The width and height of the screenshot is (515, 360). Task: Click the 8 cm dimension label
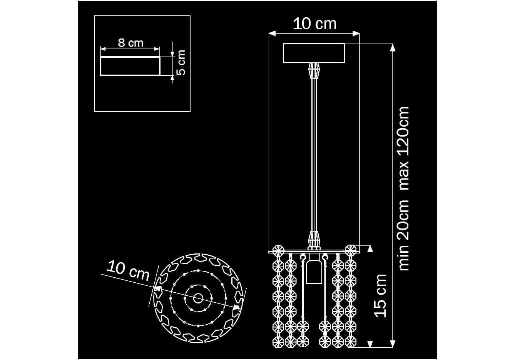click(x=130, y=43)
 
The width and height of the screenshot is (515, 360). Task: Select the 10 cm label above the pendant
click(x=314, y=24)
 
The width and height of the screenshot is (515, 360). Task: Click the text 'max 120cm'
click(x=404, y=148)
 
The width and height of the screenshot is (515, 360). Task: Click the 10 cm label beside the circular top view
click(x=128, y=271)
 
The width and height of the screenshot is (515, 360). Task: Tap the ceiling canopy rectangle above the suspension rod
click(x=314, y=53)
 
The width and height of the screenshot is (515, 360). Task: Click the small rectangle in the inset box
click(x=130, y=66)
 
